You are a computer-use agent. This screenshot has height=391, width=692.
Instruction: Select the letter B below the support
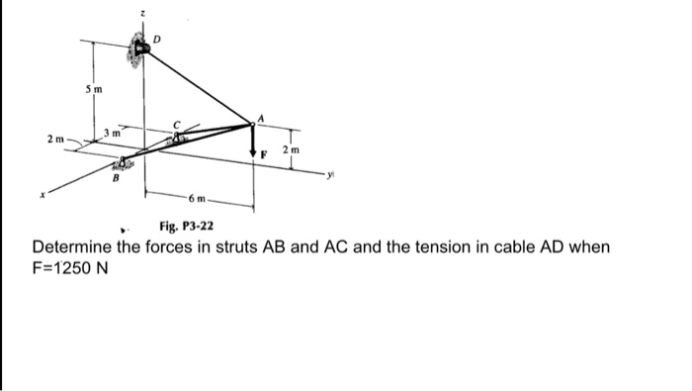tap(115, 178)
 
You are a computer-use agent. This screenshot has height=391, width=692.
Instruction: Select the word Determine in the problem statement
tap(72, 245)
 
